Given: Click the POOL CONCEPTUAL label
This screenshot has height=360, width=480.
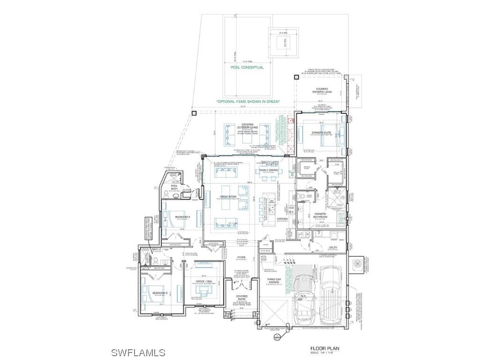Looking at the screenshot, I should click(x=247, y=67).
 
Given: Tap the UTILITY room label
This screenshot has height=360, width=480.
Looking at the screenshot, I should click(x=333, y=247).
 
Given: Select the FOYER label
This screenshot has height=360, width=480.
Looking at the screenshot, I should click(x=241, y=257).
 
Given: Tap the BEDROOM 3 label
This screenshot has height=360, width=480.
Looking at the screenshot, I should click(x=159, y=293).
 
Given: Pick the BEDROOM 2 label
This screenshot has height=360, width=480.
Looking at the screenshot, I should click(x=182, y=217).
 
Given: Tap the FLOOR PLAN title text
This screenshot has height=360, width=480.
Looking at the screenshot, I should click(x=324, y=348).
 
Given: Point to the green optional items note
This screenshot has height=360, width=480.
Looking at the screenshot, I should click(x=247, y=101).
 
